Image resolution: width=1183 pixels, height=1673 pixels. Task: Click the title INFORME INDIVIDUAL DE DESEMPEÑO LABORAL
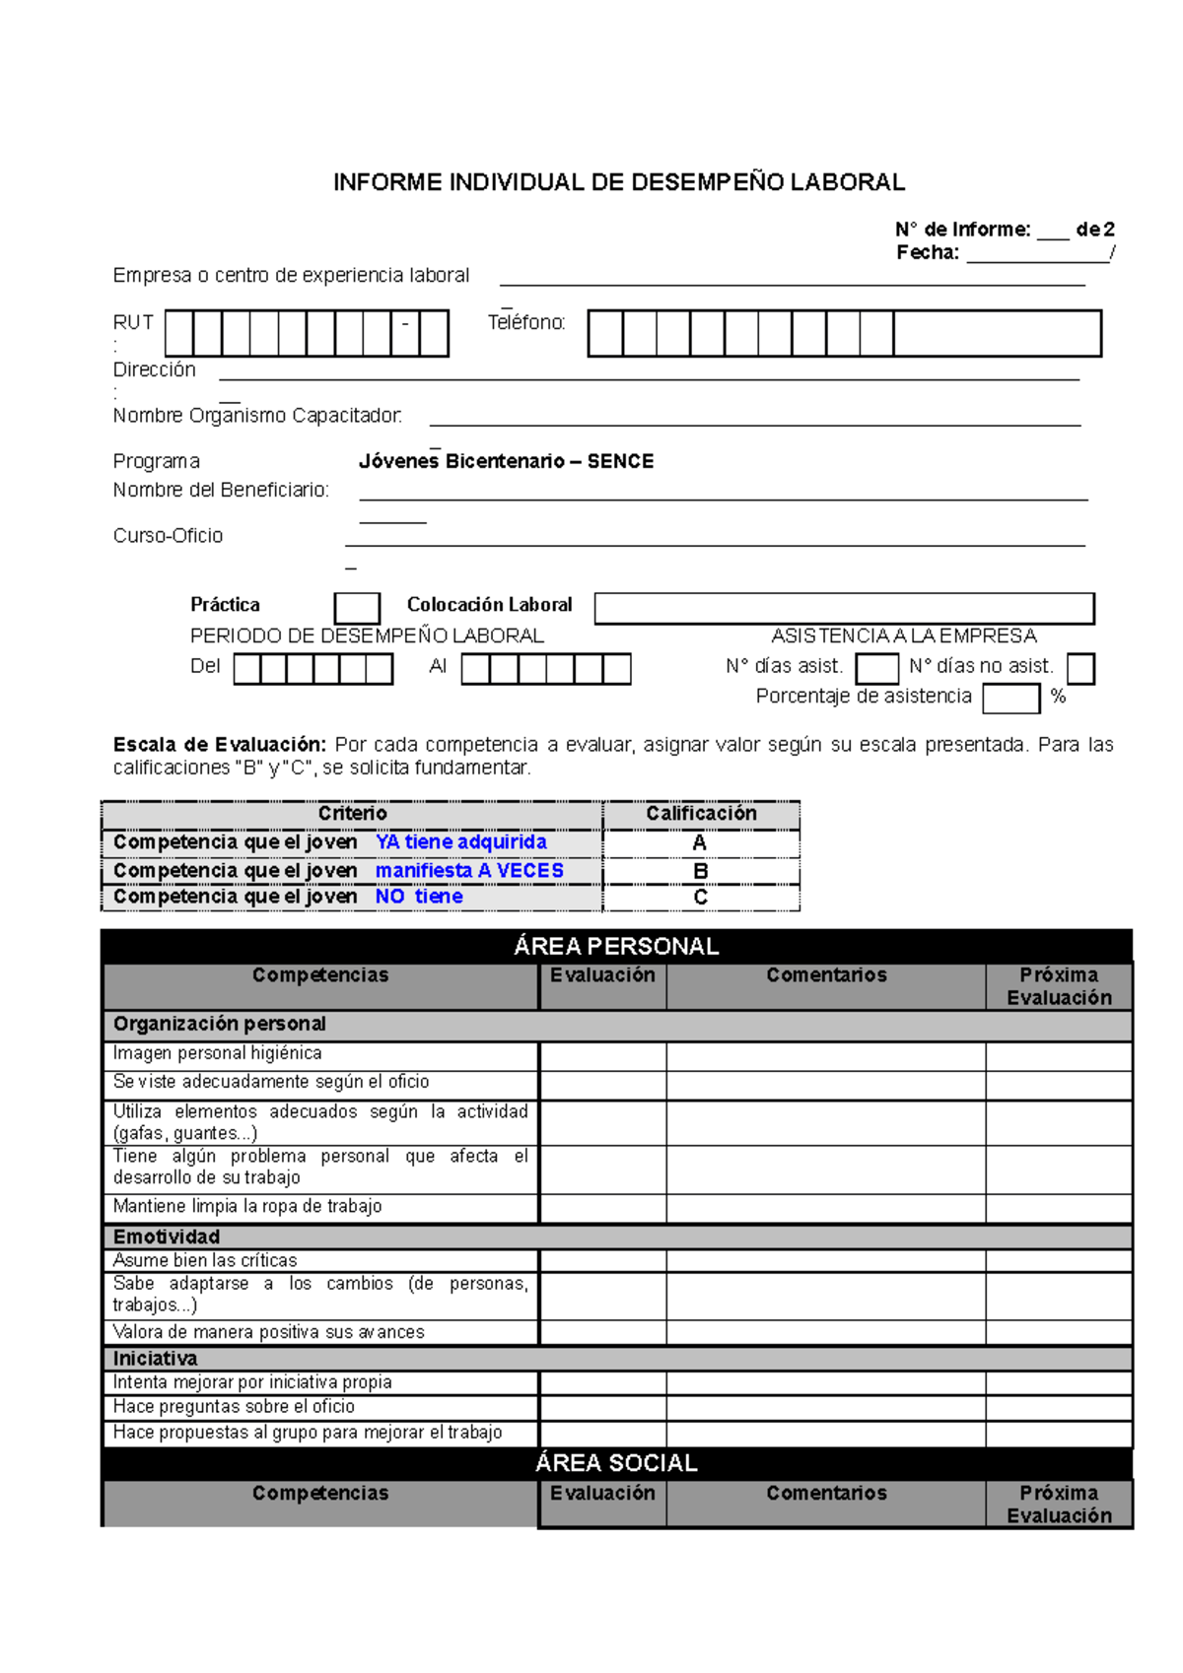[x=618, y=182]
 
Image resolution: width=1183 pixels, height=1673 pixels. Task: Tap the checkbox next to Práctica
[x=357, y=608]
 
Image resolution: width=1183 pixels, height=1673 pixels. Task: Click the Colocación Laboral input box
[x=844, y=608]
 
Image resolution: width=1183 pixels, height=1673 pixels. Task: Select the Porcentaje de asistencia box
[x=1010, y=698]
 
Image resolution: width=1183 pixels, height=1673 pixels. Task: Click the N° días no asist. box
[x=1080, y=668]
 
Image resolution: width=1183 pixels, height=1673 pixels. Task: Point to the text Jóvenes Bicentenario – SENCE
[x=506, y=461]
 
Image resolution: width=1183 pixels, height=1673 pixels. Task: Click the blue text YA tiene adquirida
[x=460, y=842]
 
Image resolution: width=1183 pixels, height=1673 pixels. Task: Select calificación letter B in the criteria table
[x=700, y=871]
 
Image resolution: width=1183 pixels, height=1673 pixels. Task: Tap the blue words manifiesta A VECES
[x=469, y=871]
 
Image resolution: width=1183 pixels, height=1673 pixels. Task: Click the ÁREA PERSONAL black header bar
[x=616, y=946]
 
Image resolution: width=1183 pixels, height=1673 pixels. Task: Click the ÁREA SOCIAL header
[x=616, y=1463]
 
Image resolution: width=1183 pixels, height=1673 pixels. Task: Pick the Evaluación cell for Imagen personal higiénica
[x=602, y=1056]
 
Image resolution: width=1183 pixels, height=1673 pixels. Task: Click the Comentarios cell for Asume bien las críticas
[x=825, y=1261]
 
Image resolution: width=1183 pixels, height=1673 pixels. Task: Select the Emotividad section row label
[x=167, y=1237]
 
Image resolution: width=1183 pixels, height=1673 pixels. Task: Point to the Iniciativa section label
[x=155, y=1359]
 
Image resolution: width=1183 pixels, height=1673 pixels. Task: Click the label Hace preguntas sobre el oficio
[x=234, y=1407]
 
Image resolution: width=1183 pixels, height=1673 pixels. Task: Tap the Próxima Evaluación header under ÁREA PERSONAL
[x=1059, y=985]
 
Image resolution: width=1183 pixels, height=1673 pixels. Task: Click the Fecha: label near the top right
[x=927, y=253]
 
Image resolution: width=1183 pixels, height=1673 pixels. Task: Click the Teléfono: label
[x=526, y=322]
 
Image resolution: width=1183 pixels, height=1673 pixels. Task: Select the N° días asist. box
[x=876, y=668]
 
